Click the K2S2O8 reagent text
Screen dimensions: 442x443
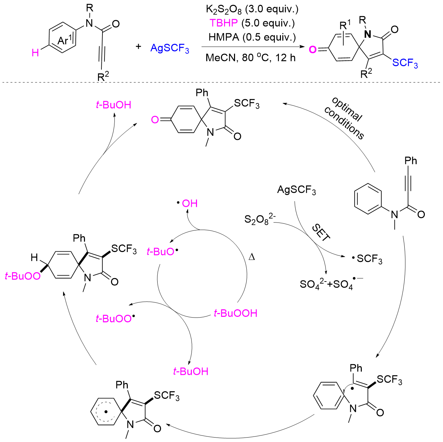(223, 9)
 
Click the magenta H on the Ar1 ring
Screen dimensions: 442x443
(35, 53)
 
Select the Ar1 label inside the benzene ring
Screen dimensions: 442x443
(65, 40)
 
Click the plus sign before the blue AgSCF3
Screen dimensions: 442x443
(138, 46)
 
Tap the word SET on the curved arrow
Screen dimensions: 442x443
(321, 233)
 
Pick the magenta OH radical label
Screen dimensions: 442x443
(189, 203)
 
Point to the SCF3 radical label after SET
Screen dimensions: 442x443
(368, 259)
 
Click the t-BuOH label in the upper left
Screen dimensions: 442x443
(113, 105)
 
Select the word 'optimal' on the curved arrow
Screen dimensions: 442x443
(347, 109)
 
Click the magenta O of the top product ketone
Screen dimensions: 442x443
(155, 120)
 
